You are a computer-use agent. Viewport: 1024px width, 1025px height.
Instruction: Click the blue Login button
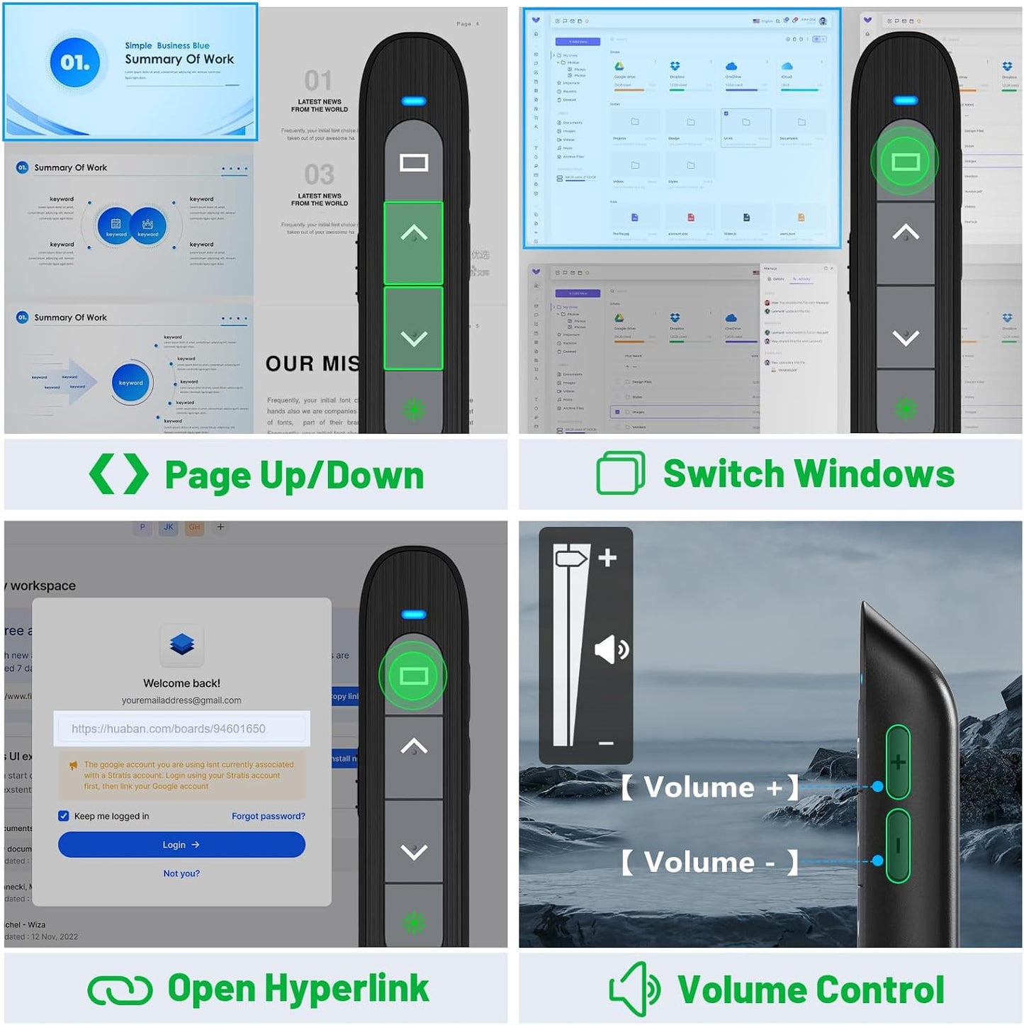(x=181, y=844)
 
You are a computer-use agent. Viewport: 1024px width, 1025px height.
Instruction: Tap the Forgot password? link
(x=268, y=816)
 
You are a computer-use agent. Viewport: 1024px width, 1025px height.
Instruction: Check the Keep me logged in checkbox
(x=64, y=816)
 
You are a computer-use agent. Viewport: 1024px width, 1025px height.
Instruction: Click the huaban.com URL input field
(x=181, y=729)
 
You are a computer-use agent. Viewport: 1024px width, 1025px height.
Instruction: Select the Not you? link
(x=181, y=873)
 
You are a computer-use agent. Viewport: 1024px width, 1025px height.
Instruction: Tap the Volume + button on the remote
(x=898, y=763)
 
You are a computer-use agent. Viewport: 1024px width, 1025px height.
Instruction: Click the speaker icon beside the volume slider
(x=611, y=649)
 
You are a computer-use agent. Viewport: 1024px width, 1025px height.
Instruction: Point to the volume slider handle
(x=571, y=558)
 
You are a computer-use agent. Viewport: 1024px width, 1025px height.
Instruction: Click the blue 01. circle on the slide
(x=75, y=62)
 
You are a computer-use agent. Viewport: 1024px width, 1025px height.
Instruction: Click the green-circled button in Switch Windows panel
(x=905, y=162)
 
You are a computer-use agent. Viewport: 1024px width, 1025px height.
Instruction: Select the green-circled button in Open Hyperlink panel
(x=413, y=676)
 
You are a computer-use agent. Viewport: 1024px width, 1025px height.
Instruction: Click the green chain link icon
(x=120, y=990)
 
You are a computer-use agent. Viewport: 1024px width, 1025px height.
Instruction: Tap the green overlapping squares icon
(x=621, y=474)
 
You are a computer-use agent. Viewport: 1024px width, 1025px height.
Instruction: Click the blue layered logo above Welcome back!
(x=182, y=644)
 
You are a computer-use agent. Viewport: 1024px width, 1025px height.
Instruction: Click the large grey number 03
(x=319, y=174)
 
